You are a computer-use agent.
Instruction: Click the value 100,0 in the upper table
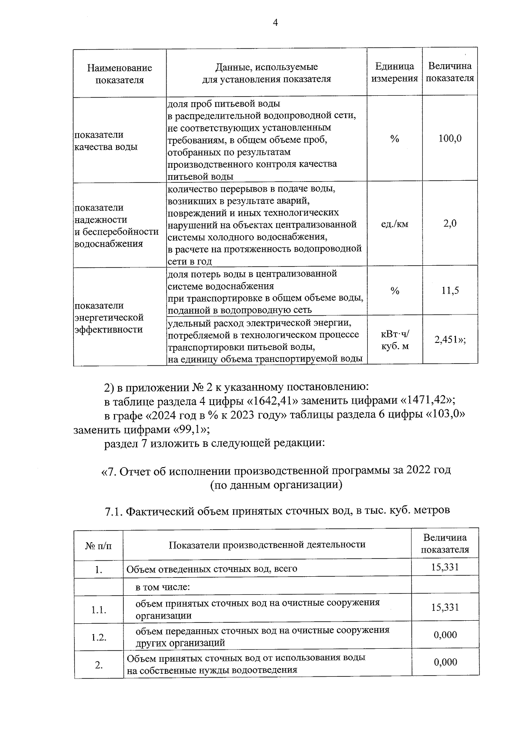click(450, 139)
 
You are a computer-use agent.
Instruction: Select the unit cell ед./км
click(395, 224)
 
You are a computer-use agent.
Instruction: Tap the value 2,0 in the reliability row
click(450, 224)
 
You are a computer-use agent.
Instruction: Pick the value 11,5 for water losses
click(450, 291)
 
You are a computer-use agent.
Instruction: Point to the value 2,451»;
click(450, 340)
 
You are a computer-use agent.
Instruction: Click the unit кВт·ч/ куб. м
click(395, 340)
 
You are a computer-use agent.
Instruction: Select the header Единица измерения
click(395, 72)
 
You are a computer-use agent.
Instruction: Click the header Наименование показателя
click(120, 74)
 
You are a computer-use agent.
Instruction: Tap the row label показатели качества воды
click(106, 141)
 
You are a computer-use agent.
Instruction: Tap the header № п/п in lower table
click(98, 546)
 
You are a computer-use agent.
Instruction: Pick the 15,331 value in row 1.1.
click(445, 608)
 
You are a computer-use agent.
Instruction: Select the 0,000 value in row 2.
click(445, 662)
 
